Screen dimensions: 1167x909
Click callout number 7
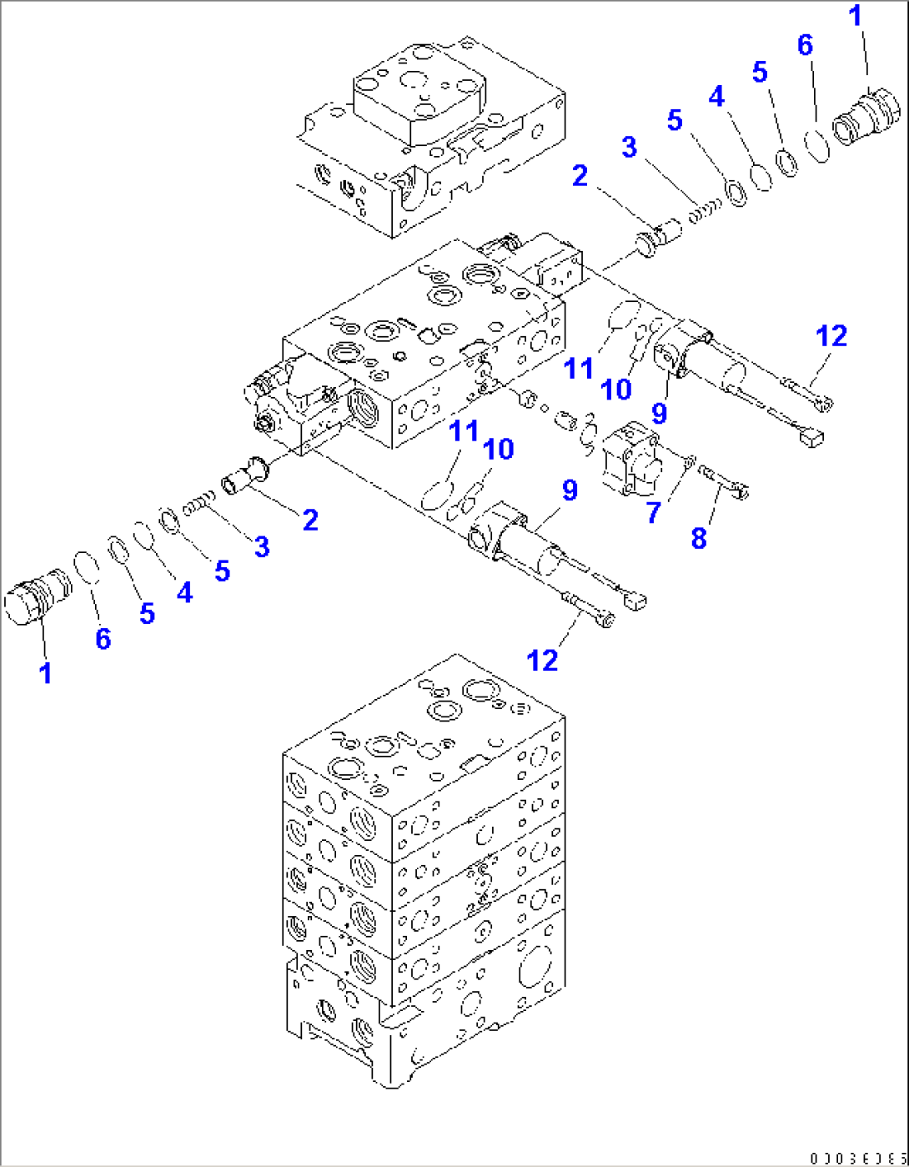tap(655, 512)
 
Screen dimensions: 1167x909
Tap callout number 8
tap(699, 538)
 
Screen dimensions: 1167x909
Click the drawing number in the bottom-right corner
tap(856, 1158)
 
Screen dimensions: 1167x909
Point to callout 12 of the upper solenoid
tap(831, 336)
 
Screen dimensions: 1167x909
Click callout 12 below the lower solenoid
tap(542, 660)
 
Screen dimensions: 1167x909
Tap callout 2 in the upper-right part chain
tap(580, 175)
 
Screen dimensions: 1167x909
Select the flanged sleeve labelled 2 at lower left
tap(244, 480)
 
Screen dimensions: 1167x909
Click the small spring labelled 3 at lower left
tap(200, 504)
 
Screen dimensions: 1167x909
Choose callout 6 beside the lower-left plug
tap(103, 638)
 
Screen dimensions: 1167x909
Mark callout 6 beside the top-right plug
tap(805, 44)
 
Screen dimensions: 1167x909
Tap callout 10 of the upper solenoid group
tap(616, 389)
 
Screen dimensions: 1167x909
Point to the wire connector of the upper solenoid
tap(810, 437)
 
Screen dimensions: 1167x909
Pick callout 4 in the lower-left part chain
tap(184, 592)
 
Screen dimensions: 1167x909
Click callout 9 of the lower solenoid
tap(570, 490)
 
